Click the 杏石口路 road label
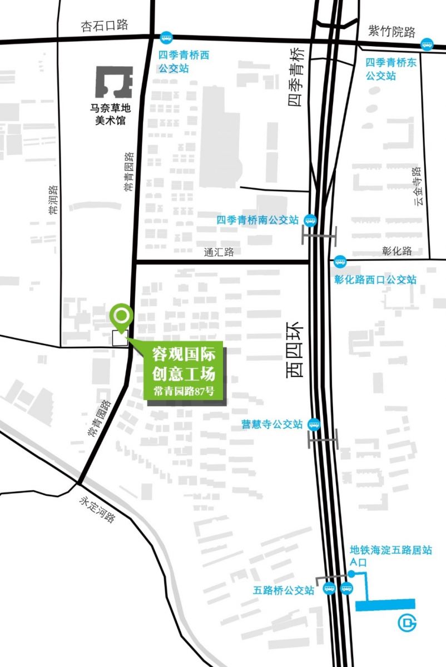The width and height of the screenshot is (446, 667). (x=105, y=26)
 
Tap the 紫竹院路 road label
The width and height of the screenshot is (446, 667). (x=392, y=32)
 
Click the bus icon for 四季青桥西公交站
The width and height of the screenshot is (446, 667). (x=166, y=37)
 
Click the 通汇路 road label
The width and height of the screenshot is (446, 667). (x=219, y=252)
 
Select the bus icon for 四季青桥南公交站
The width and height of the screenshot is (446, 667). (x=310, y=220)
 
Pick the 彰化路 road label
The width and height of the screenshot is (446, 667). (x=397, y=251)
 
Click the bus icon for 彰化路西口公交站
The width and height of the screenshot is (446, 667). (x=340, y=261)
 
